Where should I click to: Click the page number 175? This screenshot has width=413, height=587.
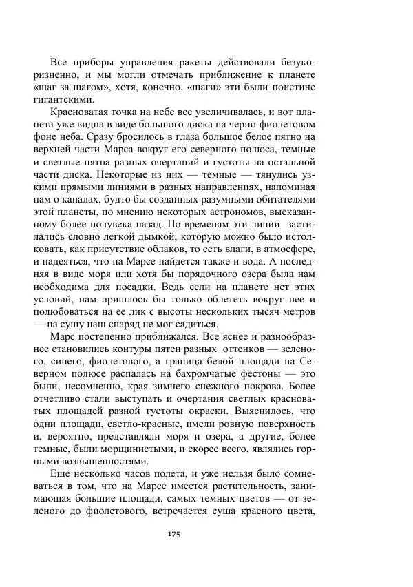(x=173, y=535)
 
